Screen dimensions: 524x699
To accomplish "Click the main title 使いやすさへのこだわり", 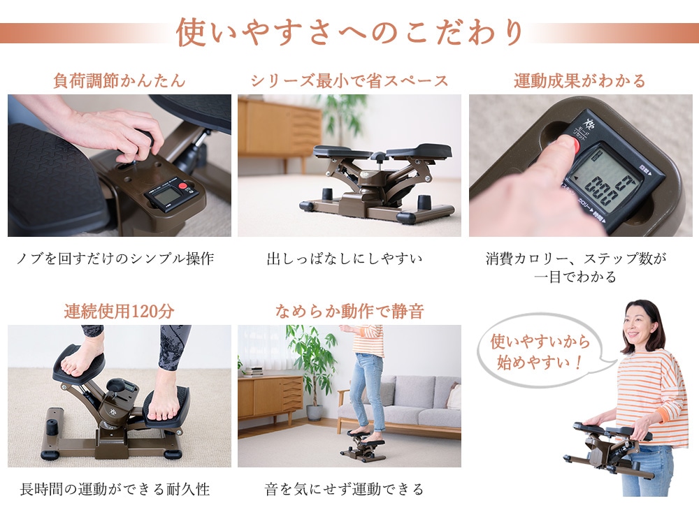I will [349, 32].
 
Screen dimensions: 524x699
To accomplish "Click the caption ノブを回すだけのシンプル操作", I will [115, 259].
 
